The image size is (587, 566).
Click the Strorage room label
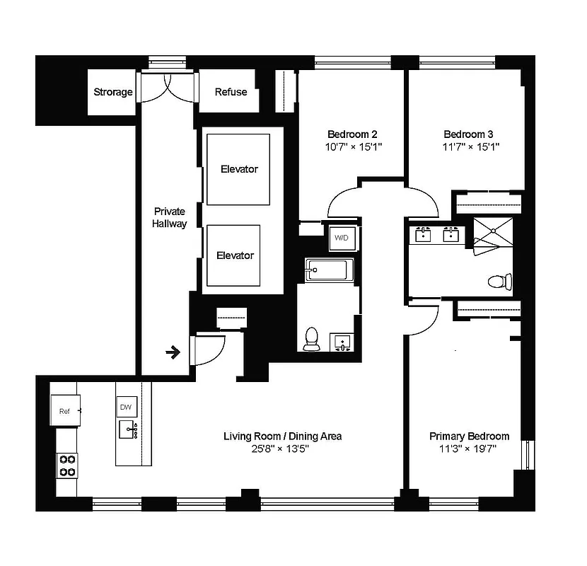pos(113,92)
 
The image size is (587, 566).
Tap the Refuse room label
pos(231,92)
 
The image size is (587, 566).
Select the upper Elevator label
pos(239,169)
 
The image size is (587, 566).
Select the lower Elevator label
pos(235,255)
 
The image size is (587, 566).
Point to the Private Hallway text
pos(170,217)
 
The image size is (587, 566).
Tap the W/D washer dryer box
pos(340,238)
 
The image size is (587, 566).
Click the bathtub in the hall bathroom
pos(329,271)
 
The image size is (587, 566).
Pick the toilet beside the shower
pos(499,282)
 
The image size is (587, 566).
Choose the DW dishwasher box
pos(127,408)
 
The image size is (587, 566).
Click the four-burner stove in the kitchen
pos(67,465)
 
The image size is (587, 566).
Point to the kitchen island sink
pos(128,429)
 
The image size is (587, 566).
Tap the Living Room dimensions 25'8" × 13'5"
pos(282,449)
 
